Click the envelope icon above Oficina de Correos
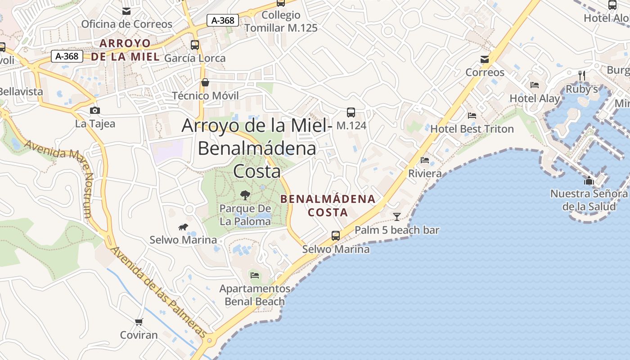[126, 11]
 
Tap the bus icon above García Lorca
[195, 45]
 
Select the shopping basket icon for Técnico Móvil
[205, 82]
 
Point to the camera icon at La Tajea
[95, 110]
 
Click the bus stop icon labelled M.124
[351, 112]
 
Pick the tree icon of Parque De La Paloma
[245, 195]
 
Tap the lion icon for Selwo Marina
[183, 227]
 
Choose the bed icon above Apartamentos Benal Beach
[255, 275]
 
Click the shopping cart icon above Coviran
[139, 322]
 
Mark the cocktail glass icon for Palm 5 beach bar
[396, 217]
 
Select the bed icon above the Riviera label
[425, 160]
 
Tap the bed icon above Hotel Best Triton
[472, 116]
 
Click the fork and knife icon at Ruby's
[582, 75]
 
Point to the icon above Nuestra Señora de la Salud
[589, 181]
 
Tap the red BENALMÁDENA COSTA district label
[328, 205]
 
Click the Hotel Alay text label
[535, 99]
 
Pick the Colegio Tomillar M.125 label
[281, 21]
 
